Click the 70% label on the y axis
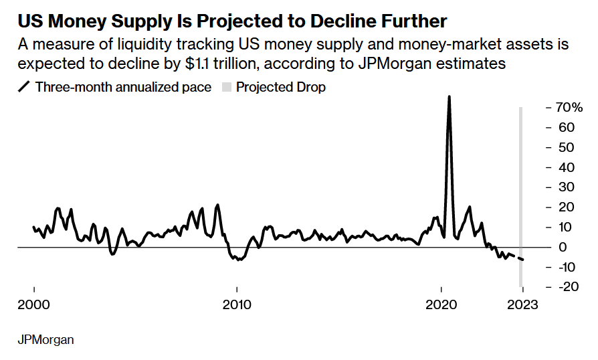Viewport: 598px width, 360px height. pos(569,108)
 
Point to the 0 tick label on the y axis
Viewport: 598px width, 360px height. pos(563,247)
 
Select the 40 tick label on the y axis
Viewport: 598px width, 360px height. pos(567,167)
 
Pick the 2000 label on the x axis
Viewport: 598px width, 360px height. pos(33,304)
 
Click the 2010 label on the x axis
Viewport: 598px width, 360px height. pos(237,304)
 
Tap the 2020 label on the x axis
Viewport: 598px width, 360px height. pos(441,304)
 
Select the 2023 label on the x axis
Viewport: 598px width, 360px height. pos(522,304)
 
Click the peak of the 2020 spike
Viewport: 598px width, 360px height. pos(450,96)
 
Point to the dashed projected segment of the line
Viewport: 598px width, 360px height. pos(516,257)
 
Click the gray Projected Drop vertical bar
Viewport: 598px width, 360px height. pos(520,197)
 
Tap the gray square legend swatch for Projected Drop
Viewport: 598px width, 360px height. pos(227,88)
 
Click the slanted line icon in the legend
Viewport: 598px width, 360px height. pos(23,87)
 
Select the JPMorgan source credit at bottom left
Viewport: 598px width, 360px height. pos(45,340)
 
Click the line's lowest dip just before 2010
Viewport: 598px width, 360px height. pos(239,260)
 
